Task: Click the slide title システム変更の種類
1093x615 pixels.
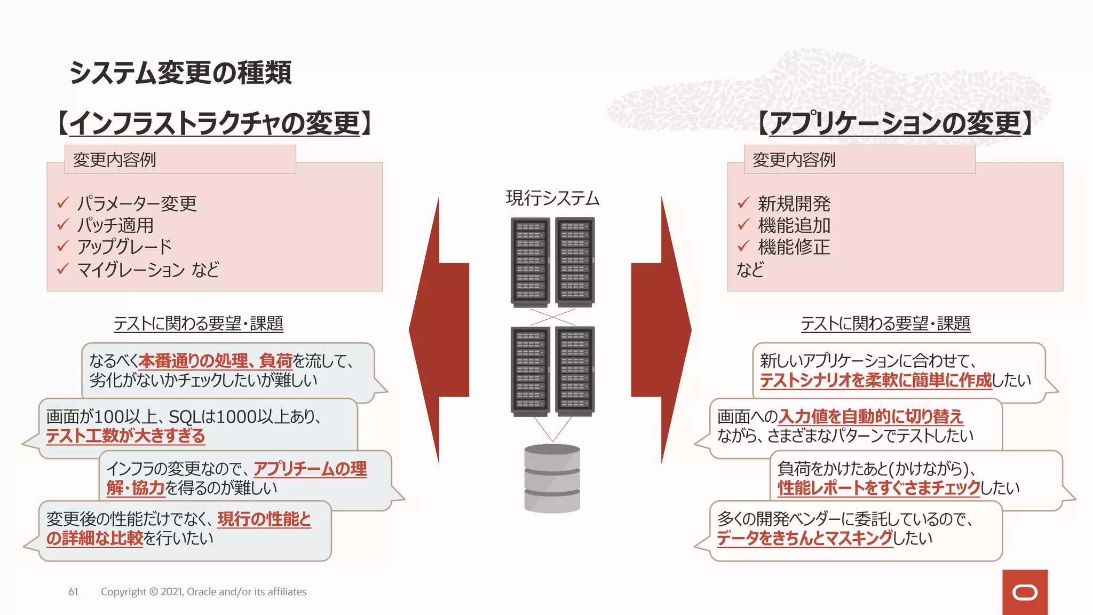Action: [180, 73]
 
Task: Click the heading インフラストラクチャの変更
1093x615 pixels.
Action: [215, 123]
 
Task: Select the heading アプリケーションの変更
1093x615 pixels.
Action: [895, 123]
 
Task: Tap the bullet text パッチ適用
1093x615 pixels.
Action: [115, 225]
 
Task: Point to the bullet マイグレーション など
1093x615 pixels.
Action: [148, 270]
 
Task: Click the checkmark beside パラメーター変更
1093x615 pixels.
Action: [63, 203]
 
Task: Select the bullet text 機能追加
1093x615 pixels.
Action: [794, 225]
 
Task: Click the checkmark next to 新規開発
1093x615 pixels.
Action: [743, 203]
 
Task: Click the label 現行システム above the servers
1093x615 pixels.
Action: [552, 199]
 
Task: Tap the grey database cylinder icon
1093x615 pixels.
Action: [552, 478]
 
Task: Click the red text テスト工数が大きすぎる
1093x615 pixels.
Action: [125, 436]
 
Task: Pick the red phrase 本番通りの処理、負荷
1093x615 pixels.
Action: [215, 361]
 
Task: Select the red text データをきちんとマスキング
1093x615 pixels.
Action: [804, 538]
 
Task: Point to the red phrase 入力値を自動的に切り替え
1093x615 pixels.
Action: [871, 416]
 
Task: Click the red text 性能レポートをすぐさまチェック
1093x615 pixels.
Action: [878, 488]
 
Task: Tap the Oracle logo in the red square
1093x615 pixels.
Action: [1025, 593]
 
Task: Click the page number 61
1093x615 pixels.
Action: [73, 592]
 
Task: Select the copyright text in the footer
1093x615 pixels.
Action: [203, 592]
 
